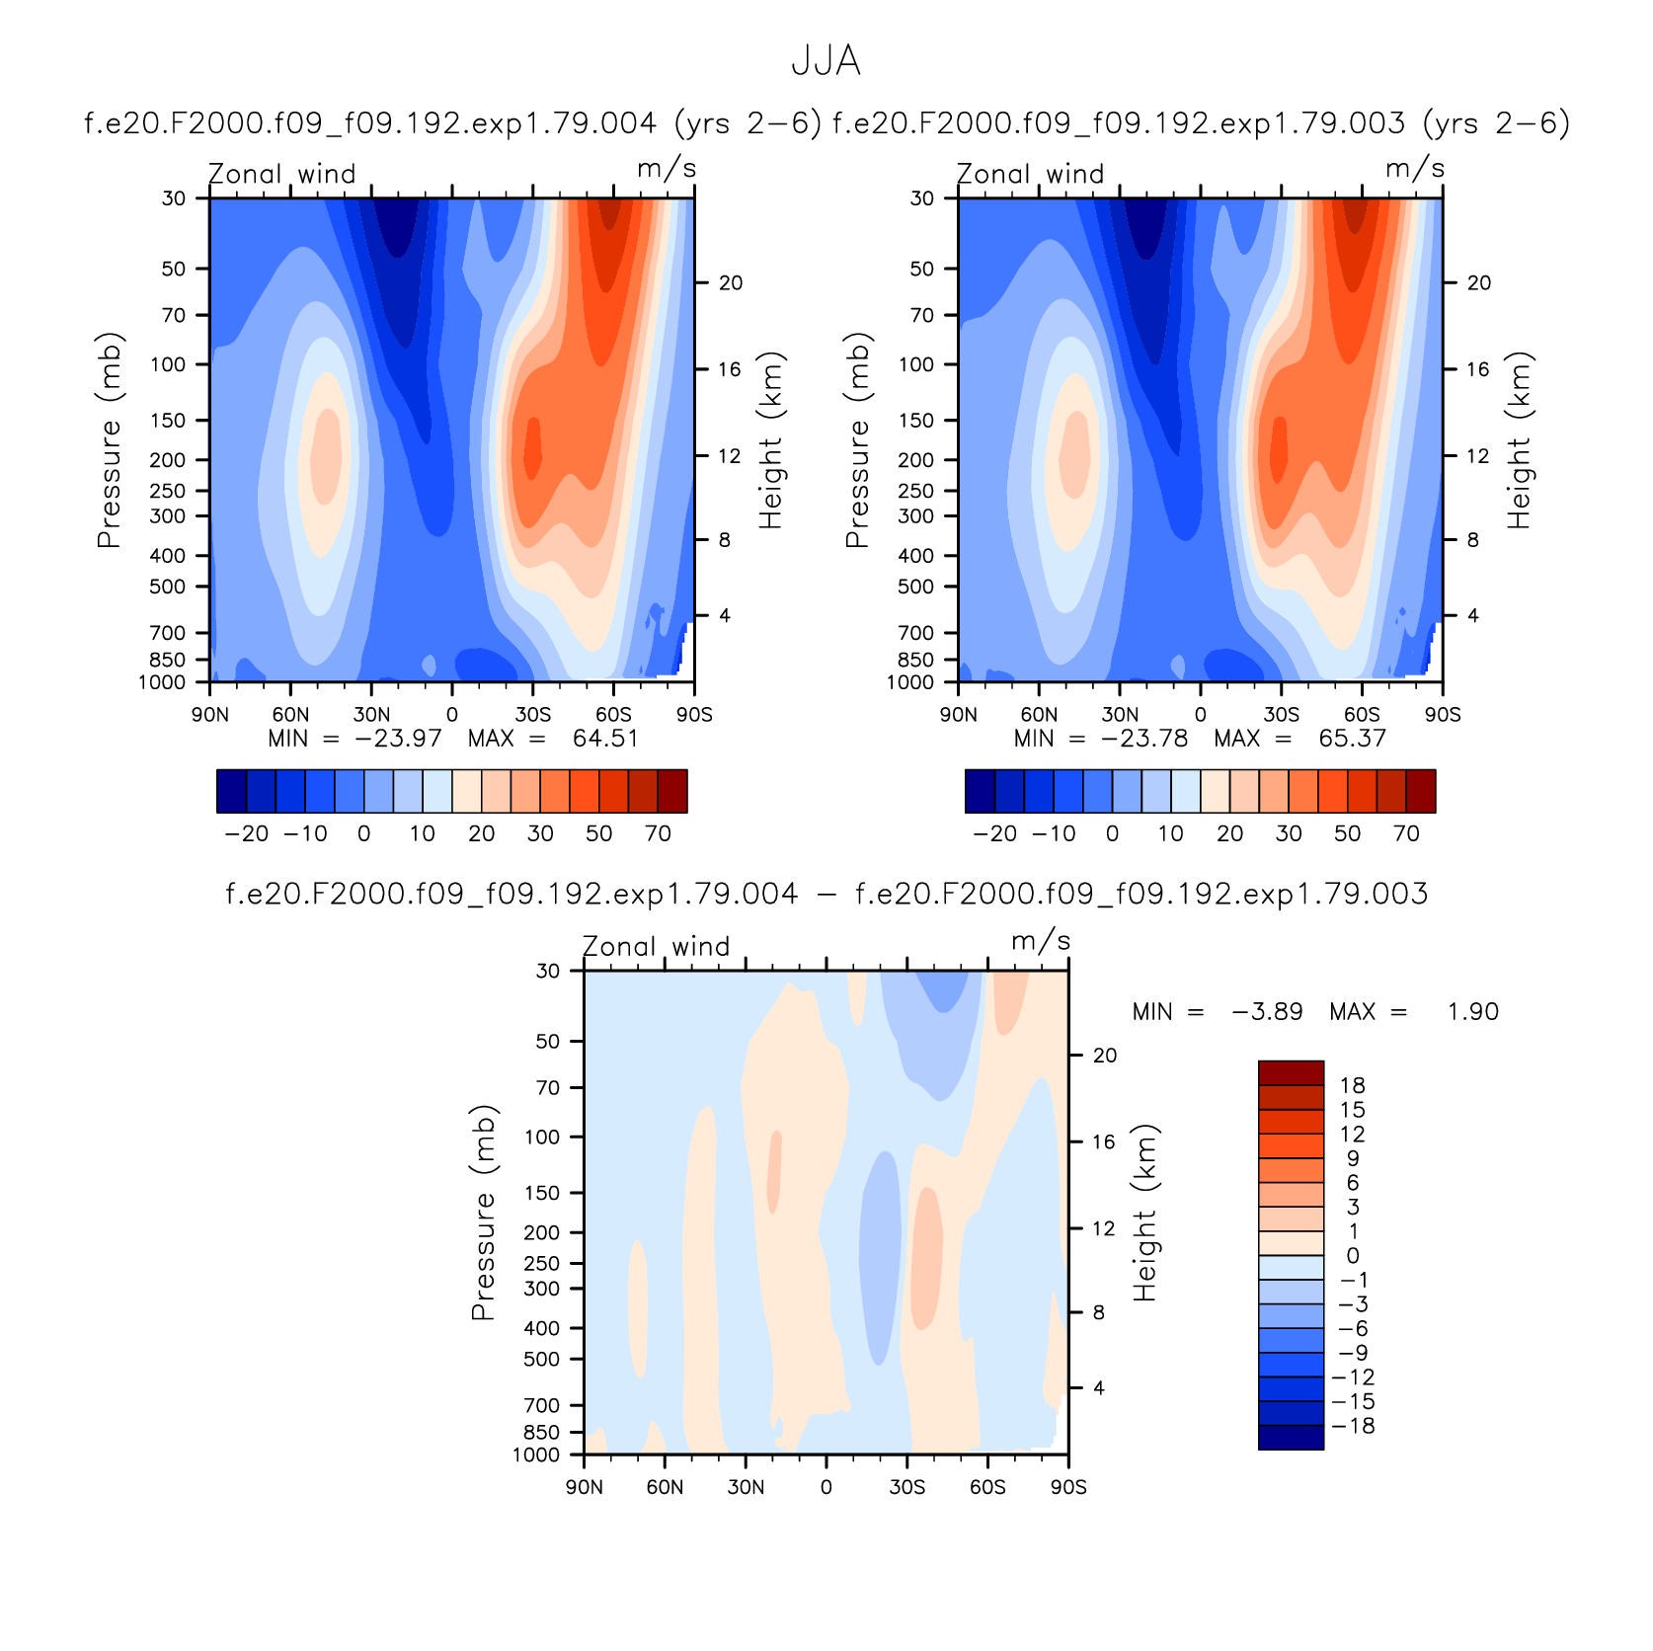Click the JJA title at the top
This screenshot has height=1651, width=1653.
point(826,61)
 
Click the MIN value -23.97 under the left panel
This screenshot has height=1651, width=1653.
point(398,739)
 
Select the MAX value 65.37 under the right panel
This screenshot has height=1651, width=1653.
point(1353,739)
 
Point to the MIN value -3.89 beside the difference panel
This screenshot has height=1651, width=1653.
point(1267,1012)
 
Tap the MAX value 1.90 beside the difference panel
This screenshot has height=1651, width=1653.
point(1473,1012)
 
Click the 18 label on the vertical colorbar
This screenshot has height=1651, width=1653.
point(1353,1085)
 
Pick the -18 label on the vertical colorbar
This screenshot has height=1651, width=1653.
point(1353,1426)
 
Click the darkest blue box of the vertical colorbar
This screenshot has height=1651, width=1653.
point(1291,1438)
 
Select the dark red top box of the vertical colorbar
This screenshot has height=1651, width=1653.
point(1291,1073)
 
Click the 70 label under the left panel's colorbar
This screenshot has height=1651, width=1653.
point(658,833)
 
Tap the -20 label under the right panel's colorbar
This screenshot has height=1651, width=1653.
point(994,833)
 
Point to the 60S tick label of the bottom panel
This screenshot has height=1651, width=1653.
point(987,1487)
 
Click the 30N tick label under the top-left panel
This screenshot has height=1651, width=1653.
point(371,715)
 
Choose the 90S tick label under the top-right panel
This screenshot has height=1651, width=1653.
point(1443,715)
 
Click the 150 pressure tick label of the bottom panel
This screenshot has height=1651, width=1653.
point(542,1193)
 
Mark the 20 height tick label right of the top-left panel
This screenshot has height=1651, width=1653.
point(731,283)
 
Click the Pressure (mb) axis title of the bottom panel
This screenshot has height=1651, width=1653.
point(483,1213)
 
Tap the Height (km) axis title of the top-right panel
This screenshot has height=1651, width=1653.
point(1519,440)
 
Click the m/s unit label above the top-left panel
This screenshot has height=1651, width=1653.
point(667,169)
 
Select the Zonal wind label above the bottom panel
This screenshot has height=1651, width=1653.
point(657,946)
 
